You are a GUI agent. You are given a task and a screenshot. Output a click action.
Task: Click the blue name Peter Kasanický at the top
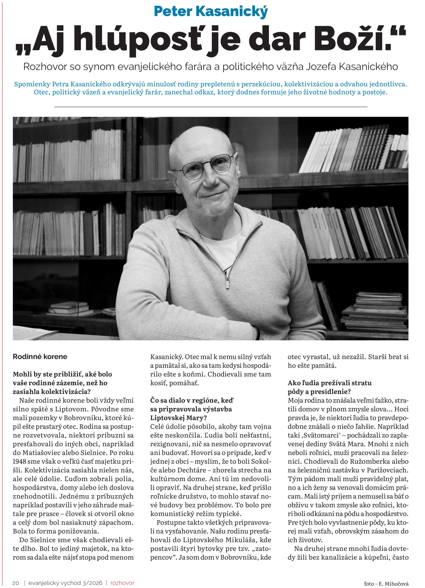211,11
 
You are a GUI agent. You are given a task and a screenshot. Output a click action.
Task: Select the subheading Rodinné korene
40,356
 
